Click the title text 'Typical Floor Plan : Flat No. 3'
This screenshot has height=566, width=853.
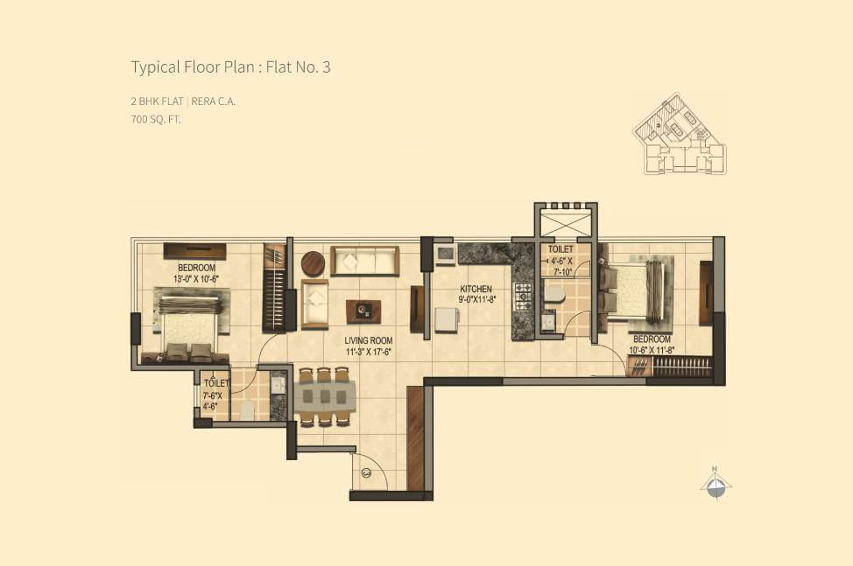coord(230,67)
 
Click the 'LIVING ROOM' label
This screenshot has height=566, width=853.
coord(368,340)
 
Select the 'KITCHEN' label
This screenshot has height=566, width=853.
coord(476,290)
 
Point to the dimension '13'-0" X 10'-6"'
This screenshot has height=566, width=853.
coord(197,279)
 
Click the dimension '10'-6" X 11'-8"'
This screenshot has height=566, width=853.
coord(652,350)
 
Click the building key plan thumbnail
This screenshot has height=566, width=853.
coord(678,135)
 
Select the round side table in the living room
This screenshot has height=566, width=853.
coord(313,263)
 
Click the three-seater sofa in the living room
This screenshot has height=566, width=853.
coord(365,261)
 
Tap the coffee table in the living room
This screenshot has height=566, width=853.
coord(363,311)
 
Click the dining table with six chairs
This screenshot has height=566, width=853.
coord(324,396)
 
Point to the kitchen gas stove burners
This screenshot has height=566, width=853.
coord(524,296)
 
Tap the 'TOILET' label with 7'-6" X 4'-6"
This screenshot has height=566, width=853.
coord(215,383)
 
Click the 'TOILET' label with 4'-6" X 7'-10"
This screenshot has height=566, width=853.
coord(560,249)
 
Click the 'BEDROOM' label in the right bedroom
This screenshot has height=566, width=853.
coord(652,339)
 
